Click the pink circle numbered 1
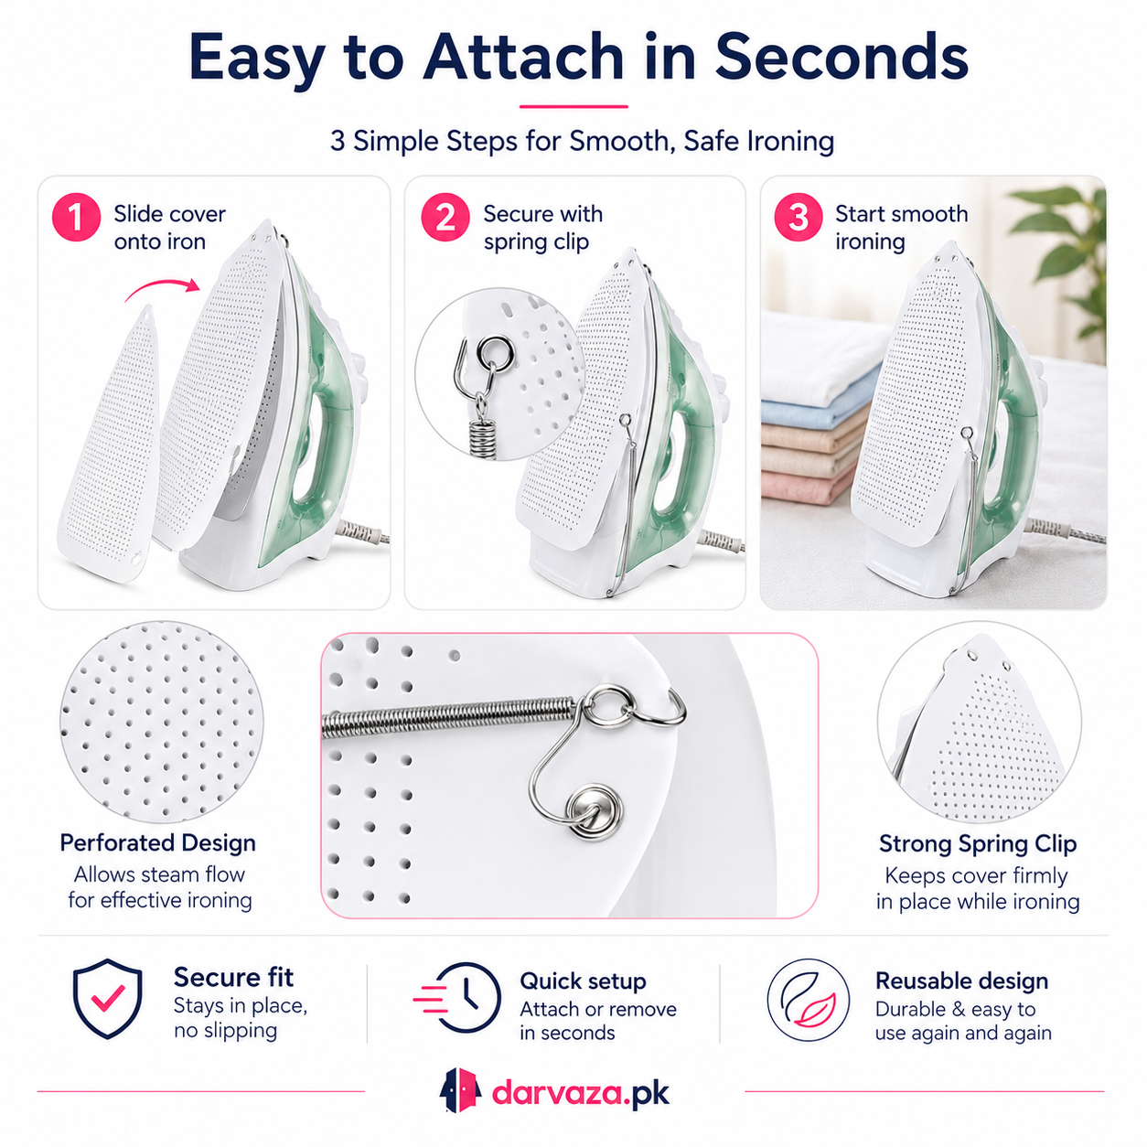[x=76, y=218]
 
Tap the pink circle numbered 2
[x=445, y=218]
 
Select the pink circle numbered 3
[x=798, y=218]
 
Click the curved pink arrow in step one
[x=162, y=288]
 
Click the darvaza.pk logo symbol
[x=460, y=1090]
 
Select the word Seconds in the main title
[x=841, y=58]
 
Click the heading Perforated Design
[x=157, y=842]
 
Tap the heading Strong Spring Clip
[x=978, y=843]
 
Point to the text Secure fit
[x=233, y=978]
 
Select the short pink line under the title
[x=573, y=107]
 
